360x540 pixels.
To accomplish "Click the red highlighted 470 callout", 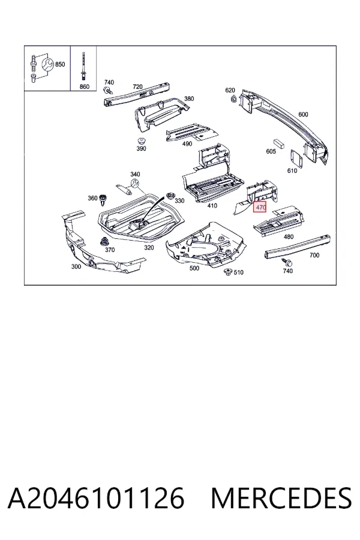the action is [260, 207].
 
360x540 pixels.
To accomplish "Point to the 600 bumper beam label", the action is [303, 115].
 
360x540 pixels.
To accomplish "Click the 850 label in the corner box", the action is [60, 64].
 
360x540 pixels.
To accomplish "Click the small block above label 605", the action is [278, 143].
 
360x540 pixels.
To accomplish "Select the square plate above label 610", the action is [296, 159].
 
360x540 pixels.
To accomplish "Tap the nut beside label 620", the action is [233, 99].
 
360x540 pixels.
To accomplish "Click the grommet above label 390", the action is [140, 141].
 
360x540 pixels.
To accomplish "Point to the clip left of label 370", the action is [103, 241].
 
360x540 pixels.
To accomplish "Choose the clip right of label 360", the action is [103, 199].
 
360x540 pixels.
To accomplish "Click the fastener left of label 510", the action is [227, 272].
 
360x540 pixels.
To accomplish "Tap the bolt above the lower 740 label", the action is [287, 263].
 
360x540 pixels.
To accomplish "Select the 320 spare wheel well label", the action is [149, 248].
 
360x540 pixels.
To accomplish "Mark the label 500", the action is [194, 268].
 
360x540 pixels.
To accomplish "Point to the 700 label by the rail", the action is [314, 255].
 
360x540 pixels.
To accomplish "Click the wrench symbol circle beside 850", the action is [47, 65].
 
